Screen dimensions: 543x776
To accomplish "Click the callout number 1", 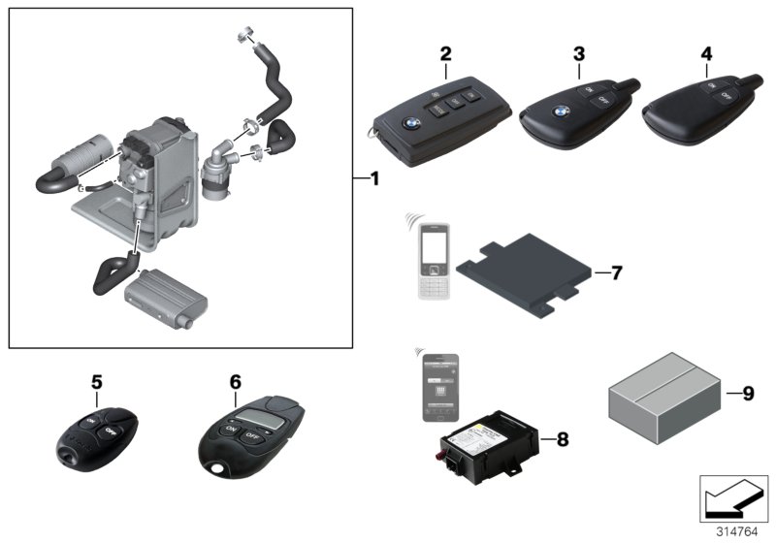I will point(374,179).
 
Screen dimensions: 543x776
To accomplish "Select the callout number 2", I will point(445,53).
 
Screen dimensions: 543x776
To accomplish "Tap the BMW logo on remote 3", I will point(561,111).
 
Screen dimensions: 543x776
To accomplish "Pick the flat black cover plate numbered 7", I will point(525,267).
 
